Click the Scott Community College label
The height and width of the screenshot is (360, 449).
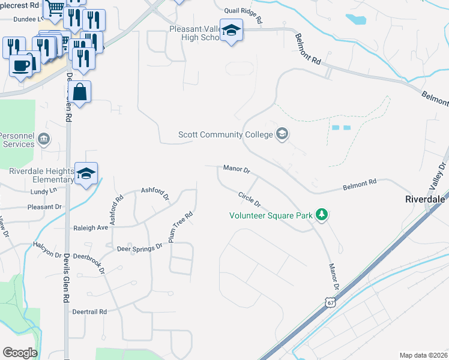point(226,134)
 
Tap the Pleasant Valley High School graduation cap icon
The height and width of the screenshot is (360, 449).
point(231,30)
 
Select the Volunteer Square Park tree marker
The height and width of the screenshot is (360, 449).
point(322,214)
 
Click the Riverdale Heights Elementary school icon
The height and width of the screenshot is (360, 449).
point(86,173)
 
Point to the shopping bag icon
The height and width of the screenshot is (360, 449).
point(79,92)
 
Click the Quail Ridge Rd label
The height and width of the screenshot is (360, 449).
point(243,15)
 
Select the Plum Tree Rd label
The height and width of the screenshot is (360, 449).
point(181,223)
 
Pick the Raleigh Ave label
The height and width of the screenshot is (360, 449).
point(91,228)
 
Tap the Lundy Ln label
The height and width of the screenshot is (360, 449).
point(43,190)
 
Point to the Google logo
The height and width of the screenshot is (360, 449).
point(20,352)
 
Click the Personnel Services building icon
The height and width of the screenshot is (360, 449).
point(43,140)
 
